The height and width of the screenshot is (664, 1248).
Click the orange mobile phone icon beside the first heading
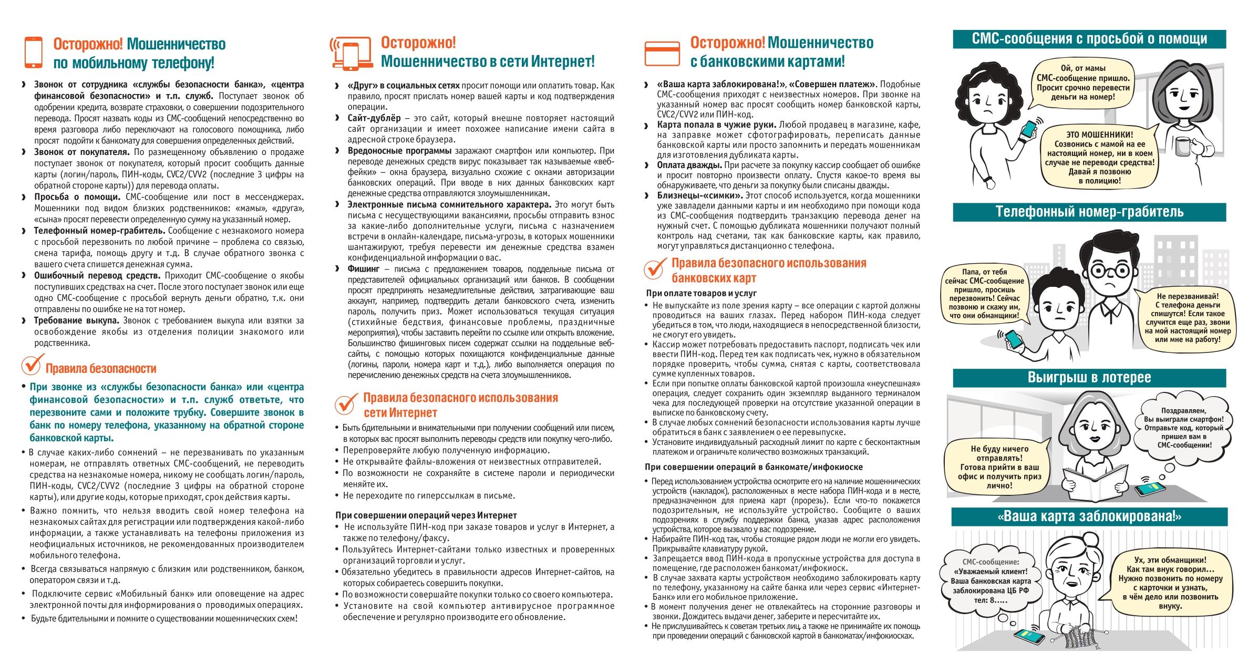33,52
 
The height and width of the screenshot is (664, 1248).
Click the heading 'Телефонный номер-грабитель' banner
1089,212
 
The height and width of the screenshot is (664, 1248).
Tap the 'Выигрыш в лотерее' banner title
1089,377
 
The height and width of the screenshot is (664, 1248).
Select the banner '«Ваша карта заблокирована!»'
1089,516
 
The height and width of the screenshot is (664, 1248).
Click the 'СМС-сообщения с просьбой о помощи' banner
1089,38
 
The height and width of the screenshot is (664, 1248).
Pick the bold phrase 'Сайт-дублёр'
374,118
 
